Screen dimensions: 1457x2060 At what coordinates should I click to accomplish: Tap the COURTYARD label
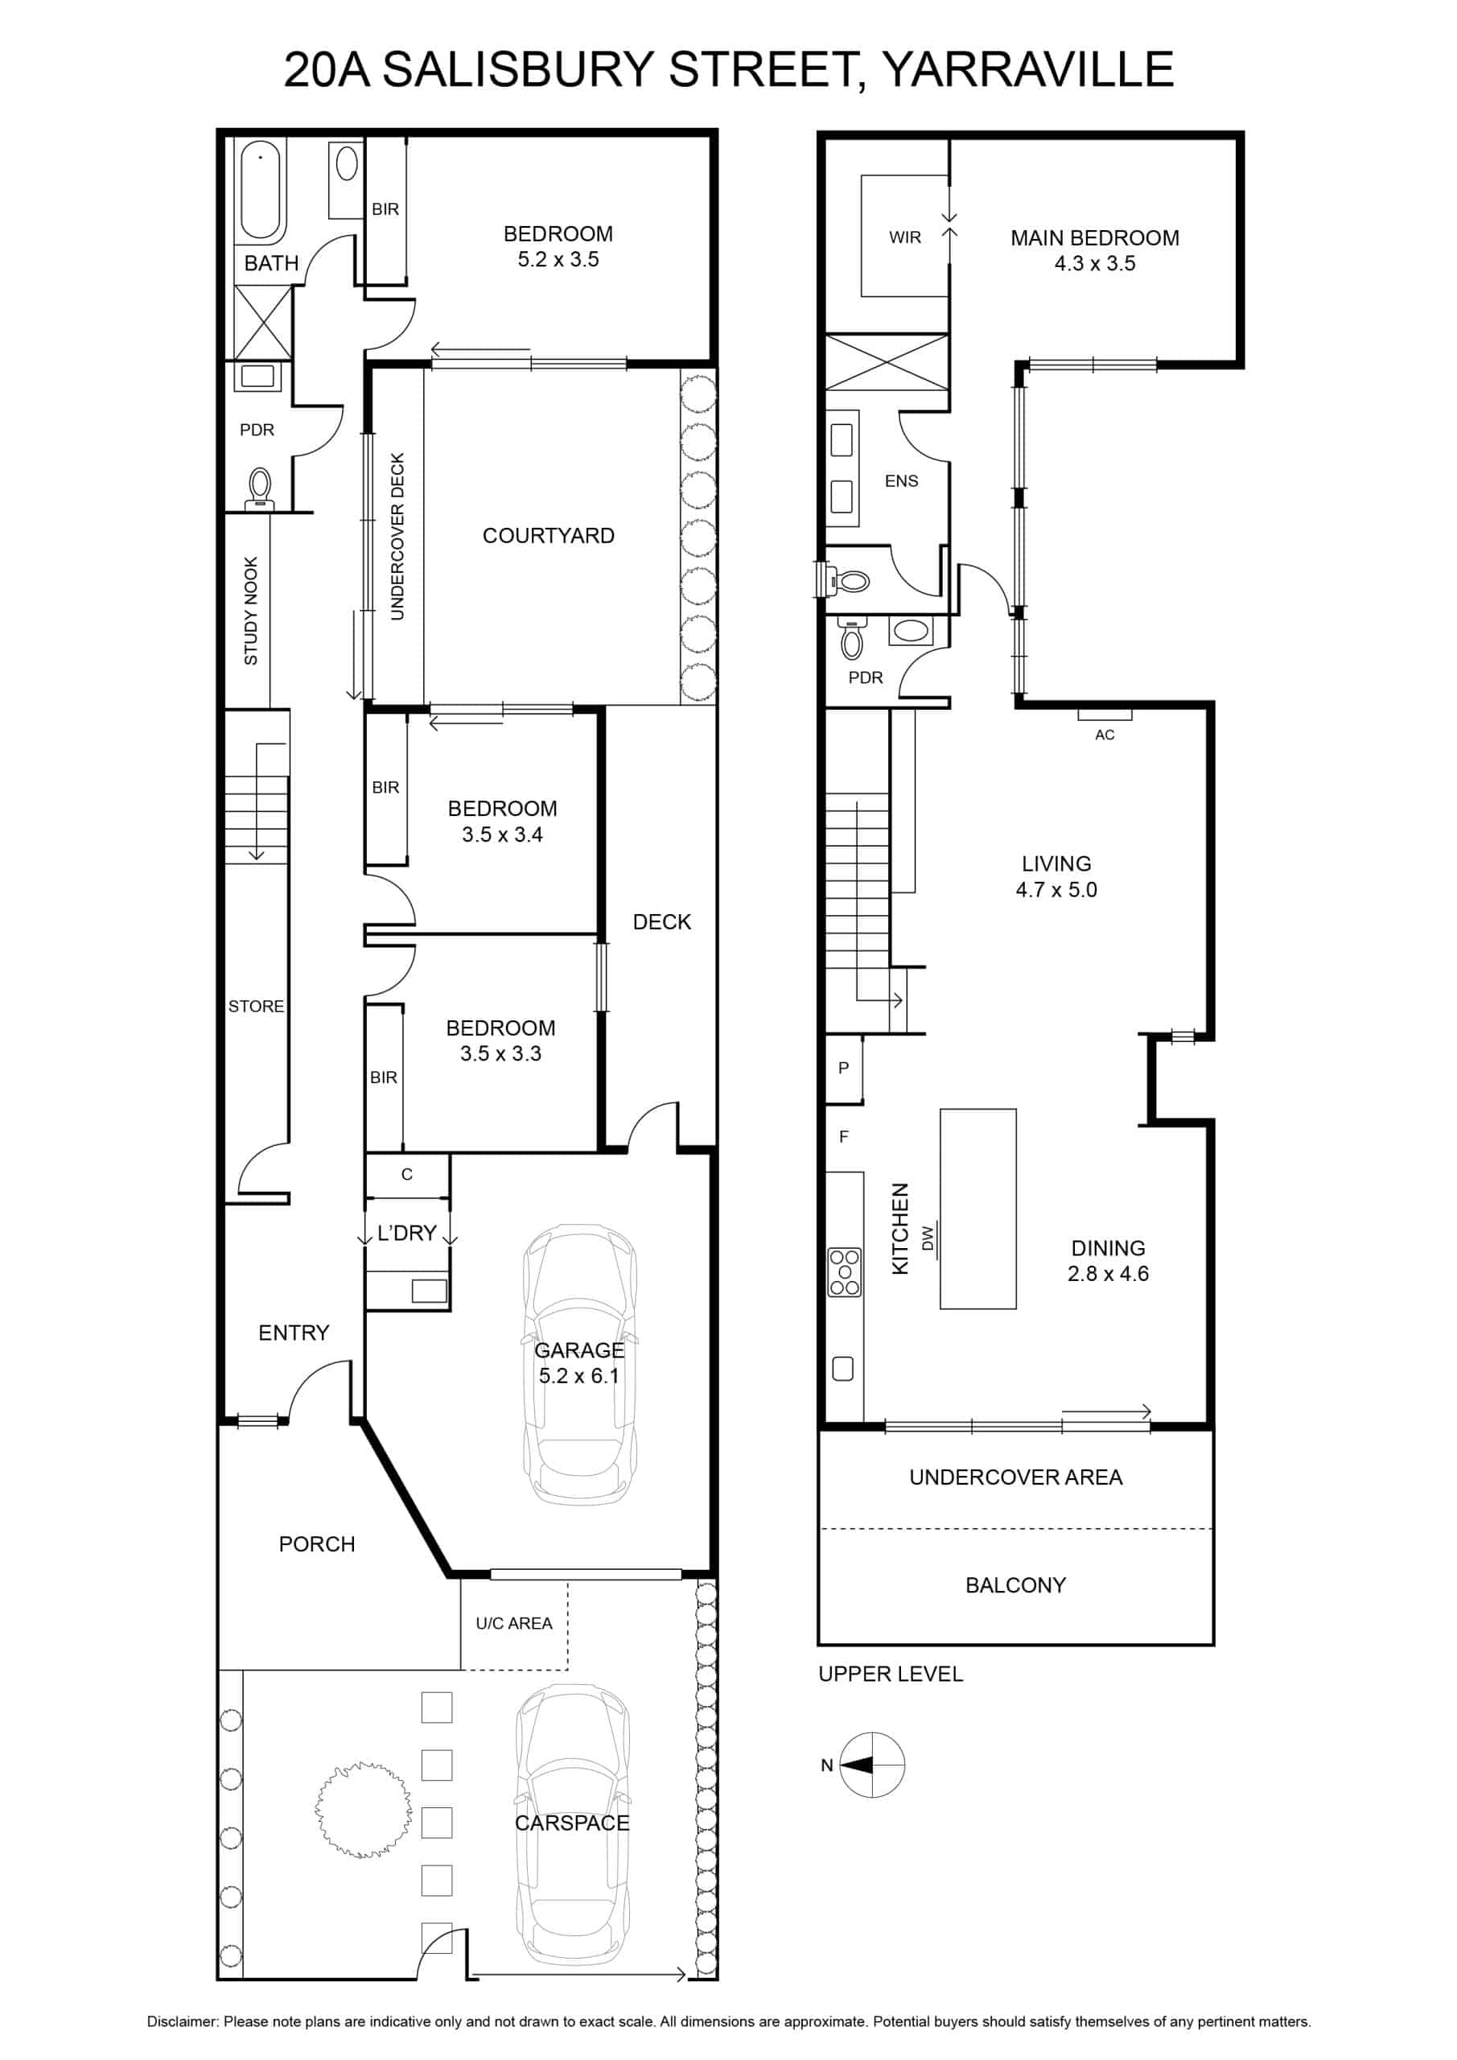[x=548, y=536]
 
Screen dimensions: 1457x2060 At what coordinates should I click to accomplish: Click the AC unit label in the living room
[x=1105, y=735]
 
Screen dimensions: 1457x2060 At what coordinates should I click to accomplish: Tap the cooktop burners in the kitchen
[x=844, y=1272]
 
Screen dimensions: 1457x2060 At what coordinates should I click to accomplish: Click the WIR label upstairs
[x=904, y=237]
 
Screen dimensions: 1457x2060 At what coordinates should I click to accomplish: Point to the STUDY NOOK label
[x=251, y=611]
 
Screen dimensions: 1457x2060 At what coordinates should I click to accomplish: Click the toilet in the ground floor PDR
[x=260, y=489]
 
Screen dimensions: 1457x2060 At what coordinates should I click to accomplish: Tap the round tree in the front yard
[x=364, y=1809]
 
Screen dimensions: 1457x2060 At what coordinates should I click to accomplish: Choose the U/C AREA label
[x=514, y=1623]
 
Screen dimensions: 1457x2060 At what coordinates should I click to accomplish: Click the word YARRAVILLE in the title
[x=1028, y=70]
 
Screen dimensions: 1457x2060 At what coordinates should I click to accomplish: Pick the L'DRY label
[x=406, y=1233]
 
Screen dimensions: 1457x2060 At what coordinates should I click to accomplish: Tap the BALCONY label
[x=1015, y=1585]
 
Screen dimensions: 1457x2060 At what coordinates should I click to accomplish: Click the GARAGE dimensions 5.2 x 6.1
[x=578, y=1375]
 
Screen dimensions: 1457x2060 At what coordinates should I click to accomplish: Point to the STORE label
[x=256, y=1007]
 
